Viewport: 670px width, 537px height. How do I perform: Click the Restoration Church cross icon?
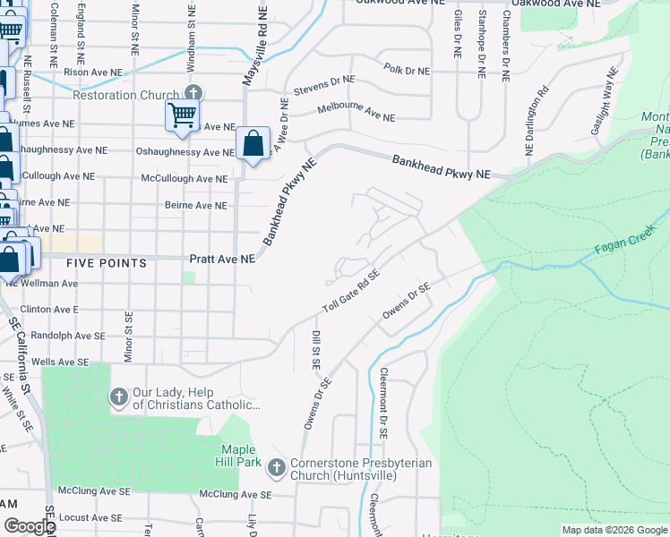point(193,93)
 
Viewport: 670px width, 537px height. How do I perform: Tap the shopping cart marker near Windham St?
point(181,115)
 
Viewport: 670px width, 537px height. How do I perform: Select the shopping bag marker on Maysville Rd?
point(253,143)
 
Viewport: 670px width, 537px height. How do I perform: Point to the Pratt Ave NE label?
point(222,260)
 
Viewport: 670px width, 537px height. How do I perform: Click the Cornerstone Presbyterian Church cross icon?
point(277,467)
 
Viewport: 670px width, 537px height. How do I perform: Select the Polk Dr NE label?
point(407,70)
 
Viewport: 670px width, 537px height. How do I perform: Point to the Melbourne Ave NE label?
point(357,113)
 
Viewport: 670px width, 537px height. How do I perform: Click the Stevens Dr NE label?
point(325,86)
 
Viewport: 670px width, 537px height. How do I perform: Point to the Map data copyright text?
point(614,530)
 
